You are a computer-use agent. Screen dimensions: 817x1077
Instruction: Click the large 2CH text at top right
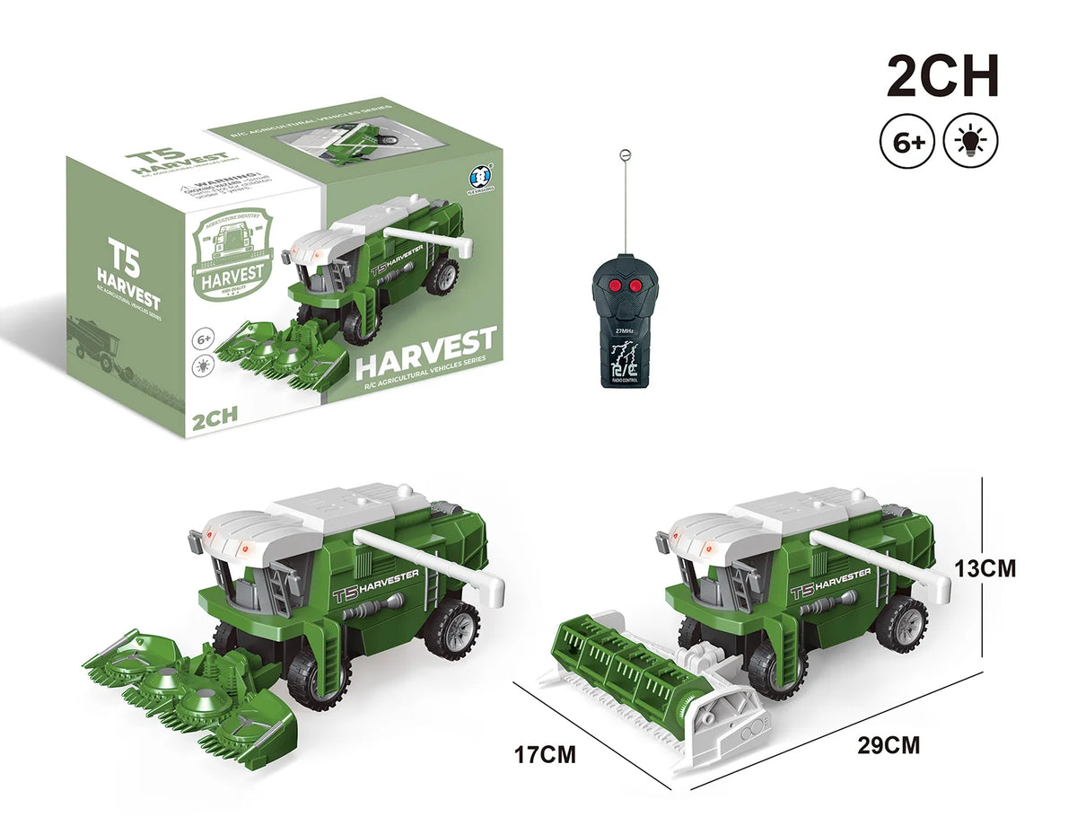[x=941, y=77]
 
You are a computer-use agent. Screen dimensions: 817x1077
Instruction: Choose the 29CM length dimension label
[x=888, y=743]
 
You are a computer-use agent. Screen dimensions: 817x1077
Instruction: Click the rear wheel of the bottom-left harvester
[x=451, y=628]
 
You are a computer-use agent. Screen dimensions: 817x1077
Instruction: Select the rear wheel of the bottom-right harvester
[x=900, y=624]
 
